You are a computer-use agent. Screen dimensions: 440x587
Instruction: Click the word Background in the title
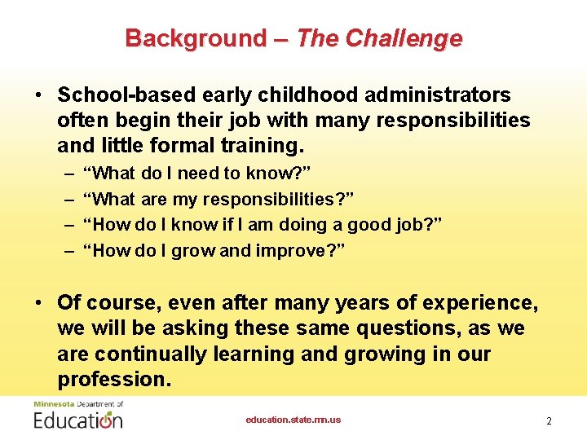pos(195,38)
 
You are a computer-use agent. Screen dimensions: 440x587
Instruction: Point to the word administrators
pos(437,95)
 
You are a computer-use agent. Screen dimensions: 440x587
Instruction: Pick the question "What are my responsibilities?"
pos(223,199)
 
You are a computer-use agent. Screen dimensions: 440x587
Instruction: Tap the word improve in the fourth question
pos(297,250)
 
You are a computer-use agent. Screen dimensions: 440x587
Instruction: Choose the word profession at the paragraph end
pos(111,380)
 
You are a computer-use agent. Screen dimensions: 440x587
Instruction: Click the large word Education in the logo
pos(78,420)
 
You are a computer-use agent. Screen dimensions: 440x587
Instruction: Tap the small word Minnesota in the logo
pos(53,403)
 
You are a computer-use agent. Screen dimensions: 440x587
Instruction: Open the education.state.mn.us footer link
pos(293,420)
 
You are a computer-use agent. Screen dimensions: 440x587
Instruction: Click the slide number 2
pos(549,420)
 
